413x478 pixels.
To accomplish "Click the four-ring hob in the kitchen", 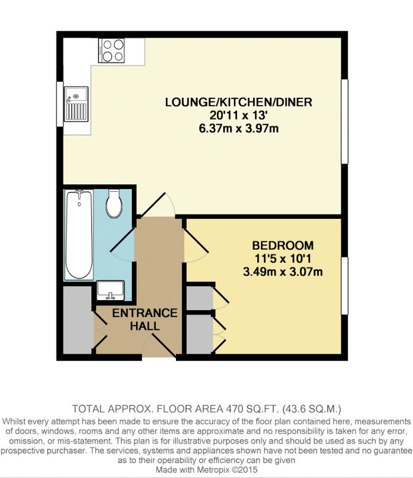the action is point(111,50).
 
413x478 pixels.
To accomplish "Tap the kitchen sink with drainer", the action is point(76,104).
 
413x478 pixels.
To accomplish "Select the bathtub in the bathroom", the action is point(79,234).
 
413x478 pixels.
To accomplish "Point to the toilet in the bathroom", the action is point(114,203).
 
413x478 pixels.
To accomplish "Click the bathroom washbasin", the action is point(111,291).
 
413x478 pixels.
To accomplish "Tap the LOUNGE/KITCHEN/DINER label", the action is point(239,102).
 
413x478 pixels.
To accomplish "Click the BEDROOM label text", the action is point(283,245).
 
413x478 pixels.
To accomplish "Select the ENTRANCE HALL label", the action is point(145,320).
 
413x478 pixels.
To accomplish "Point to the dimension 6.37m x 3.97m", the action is point(239,129).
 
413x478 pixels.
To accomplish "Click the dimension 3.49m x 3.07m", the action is point(283,271).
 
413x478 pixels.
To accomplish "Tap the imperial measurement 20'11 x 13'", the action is point(239,115).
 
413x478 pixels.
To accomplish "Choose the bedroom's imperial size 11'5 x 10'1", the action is point(283,259).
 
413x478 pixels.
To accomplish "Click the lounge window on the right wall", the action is point(344,122).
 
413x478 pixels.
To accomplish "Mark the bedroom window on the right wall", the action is point(344,286).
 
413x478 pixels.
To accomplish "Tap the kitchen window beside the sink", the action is point(60,104).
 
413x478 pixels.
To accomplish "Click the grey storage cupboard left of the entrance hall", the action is point(78,320).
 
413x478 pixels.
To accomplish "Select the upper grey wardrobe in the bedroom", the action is point(200,298).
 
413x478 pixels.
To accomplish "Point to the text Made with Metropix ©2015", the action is point(206,470).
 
